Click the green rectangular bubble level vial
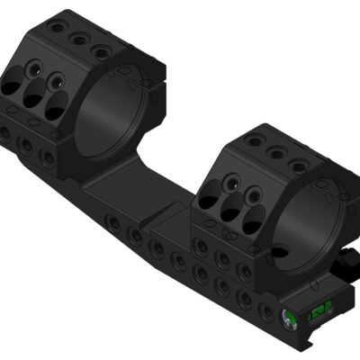click(318, 312)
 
